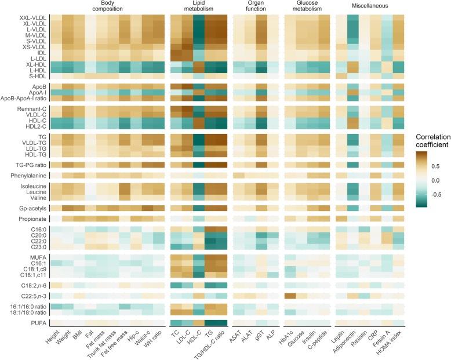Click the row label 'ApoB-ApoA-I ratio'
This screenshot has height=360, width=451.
[x=24, y=98]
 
